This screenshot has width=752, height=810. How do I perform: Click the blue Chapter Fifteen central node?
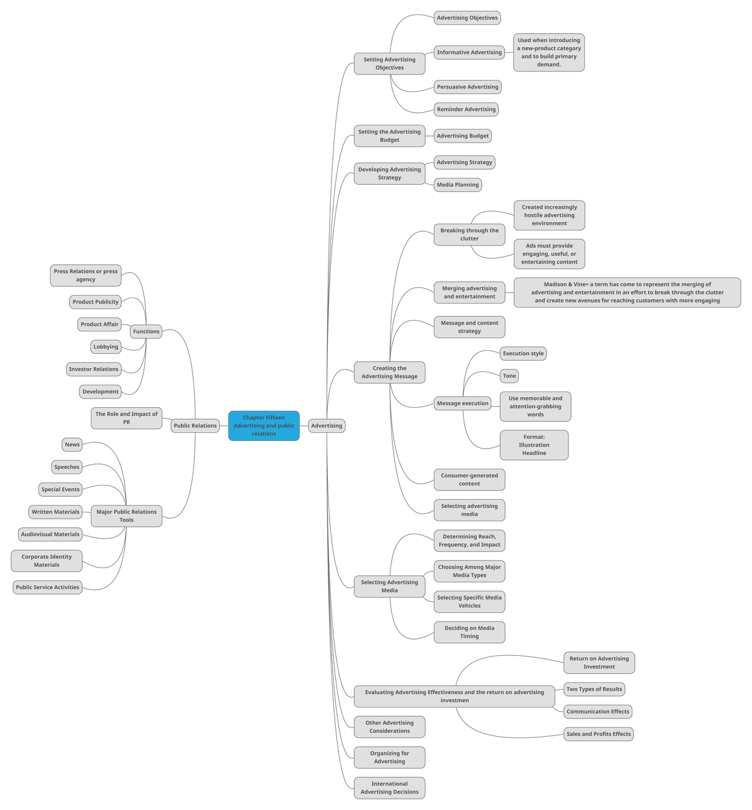[x=264, y=426]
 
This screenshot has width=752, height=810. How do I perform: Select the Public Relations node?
[x=195, y=426]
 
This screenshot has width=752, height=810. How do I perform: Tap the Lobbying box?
[x=106, y=347]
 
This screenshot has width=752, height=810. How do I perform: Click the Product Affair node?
[x=100, y=325]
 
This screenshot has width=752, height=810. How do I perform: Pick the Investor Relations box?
[x=93, y=370]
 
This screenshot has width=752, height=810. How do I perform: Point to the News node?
[x=72, y=445]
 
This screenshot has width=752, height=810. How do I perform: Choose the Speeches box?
[x=67, y=467]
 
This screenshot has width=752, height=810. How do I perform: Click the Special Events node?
[x=61, y=490]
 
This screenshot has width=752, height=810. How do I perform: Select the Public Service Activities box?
[x=48, y=588]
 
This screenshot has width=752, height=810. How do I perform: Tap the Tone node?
[x=509, y=376]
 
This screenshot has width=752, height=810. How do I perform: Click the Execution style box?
[x=523, y=354]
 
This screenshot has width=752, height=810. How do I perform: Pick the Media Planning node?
[x=457, y=185]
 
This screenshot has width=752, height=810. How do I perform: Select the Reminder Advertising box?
[x=466, y=110]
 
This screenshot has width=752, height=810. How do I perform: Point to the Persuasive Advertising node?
[x=467, y=87]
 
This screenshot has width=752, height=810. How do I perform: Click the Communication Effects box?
[x=598, y=712]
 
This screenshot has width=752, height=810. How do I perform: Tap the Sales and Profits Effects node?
[x=598, y=734]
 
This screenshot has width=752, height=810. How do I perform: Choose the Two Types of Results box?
[x=594, y=689]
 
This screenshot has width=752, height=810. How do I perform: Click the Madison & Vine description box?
[x=627, y=293]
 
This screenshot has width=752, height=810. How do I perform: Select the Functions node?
[x=146, y=331]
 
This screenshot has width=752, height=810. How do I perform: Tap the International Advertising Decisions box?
[x=389, y=788]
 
